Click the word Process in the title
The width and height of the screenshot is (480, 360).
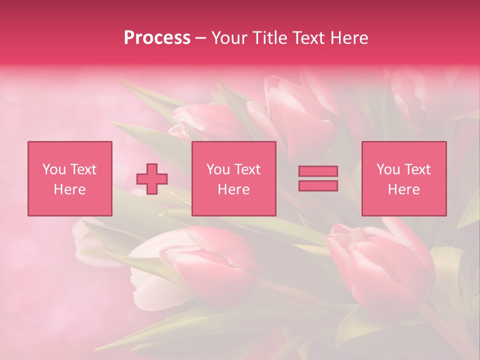click(157, 38)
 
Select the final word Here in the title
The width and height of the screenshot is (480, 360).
click(350, 38)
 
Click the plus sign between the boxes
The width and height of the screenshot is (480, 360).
click(152, 178)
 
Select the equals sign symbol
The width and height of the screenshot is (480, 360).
click(318, 178)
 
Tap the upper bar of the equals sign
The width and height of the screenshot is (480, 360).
click(318, 171)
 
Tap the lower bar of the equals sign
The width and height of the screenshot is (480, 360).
click(318, 185)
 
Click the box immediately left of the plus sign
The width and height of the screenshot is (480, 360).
click(69, 178)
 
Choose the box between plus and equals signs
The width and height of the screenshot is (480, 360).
click(233, 178)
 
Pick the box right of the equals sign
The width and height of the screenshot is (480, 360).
click(403, 178)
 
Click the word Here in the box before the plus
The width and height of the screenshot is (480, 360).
click(69, 189)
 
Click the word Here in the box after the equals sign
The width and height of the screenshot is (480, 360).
click(403, 189)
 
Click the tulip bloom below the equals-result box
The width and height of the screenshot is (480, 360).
click(380, 265)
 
